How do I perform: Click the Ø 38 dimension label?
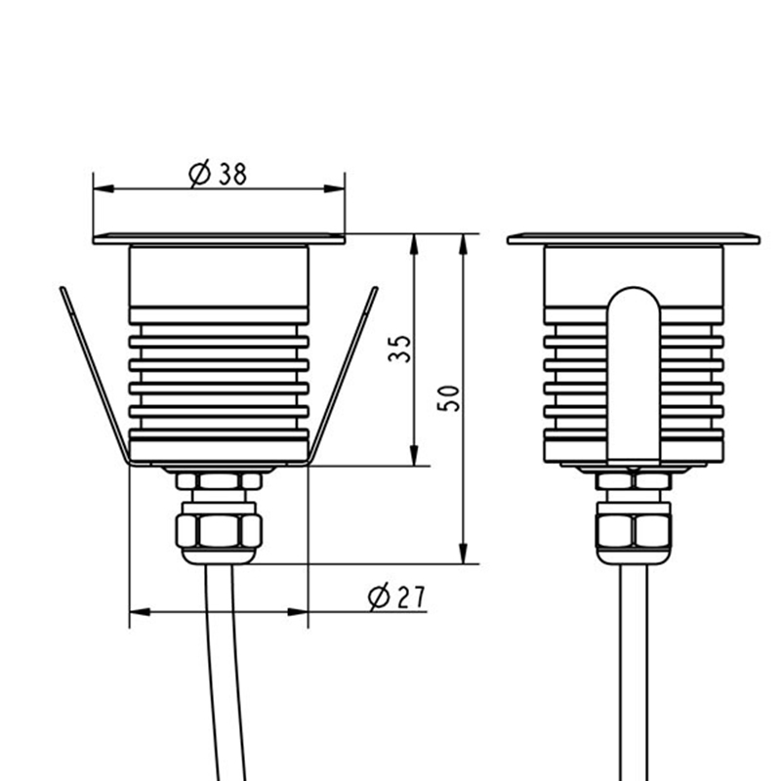tap(218, 175)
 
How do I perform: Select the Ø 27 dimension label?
tap(397, 597)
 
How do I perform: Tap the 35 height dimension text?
tap(400, 349)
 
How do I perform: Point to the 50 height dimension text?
tap(448, 398)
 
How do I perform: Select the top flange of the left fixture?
tap(219, 238)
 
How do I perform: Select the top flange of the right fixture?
tap(634, 238)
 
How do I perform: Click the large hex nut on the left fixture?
tap(219, 531)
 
